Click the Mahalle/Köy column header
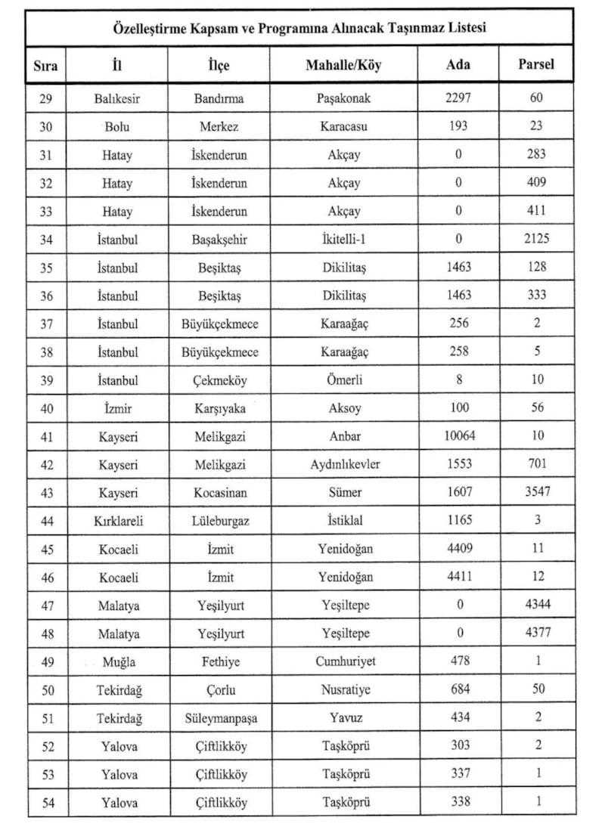(x=344, y=65)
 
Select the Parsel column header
(x=535, y=64)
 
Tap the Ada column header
(x=458, y=64)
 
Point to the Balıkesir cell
(x=118, y=98)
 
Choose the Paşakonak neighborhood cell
(x=344, y=98)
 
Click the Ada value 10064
(x=459, y=436)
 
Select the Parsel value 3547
(x=536, y=492)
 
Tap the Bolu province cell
(x=118, y=127)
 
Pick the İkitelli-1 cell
(x=344, y=239)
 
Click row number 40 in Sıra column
(x=46, y=408)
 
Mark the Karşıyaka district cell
(x=219, y=408)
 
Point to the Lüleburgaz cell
(x=219, y=521)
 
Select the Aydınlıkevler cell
(x=344, y=464)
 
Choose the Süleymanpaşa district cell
(x=220, y=718)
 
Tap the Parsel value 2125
(x=536, y=239)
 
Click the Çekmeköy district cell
(x=219, y=380)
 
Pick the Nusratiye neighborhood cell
(x=344, y=690)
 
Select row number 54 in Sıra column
(x=46, y=803)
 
